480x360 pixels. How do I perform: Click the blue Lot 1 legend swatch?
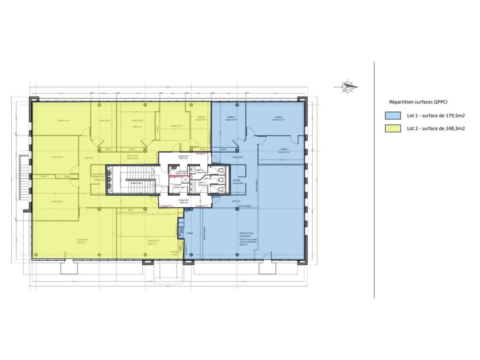click(x=393, y=115)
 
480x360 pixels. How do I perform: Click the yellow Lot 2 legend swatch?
click(x=393, y=128)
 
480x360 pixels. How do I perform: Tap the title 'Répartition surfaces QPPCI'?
click(x=418, y=102)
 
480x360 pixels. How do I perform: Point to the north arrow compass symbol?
click(x=347, y=87)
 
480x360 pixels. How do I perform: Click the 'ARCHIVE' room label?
click(x=236, y=180)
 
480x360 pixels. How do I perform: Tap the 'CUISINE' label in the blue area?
click(x=189, y=233)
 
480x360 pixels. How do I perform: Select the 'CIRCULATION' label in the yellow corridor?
click(x=132, y=156)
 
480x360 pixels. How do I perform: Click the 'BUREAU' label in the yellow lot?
click(x=201, y=117)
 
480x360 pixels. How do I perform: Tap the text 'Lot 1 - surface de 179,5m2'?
click(x=436, y=115)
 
